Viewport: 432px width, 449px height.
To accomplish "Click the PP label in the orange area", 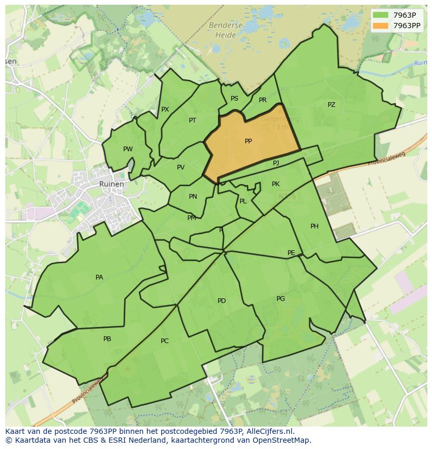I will point(248,141).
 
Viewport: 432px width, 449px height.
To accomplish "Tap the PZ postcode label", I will point(331,105).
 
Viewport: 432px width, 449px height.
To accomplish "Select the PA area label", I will point(99,277).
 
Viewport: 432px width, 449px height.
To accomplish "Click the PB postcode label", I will point(107,339).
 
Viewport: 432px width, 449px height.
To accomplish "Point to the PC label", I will point(164,341).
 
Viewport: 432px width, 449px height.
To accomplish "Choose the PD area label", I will point(222,301).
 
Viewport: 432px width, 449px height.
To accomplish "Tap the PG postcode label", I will point(281,299).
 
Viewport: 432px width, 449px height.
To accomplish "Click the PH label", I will point(314,226).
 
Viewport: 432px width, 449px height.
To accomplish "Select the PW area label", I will point(128,149).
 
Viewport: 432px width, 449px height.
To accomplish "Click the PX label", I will point(165,110).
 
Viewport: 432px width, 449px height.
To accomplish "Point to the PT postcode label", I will point(193,120).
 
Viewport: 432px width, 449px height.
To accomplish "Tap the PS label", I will point(234,99).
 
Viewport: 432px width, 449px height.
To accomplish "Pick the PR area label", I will point(262,100).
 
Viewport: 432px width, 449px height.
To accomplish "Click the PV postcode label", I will point(181,167).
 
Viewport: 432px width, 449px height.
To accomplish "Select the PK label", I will point(275,184).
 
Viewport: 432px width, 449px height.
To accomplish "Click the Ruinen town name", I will point(112,184).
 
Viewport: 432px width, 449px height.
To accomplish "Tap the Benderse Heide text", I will point(225,30).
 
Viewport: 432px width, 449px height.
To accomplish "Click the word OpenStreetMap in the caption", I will point(281,440).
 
